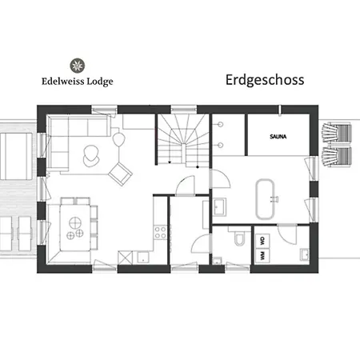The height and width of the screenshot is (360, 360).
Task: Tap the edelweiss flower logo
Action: coord(78,65)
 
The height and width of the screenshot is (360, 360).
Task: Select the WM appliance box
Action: coord(262,255)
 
